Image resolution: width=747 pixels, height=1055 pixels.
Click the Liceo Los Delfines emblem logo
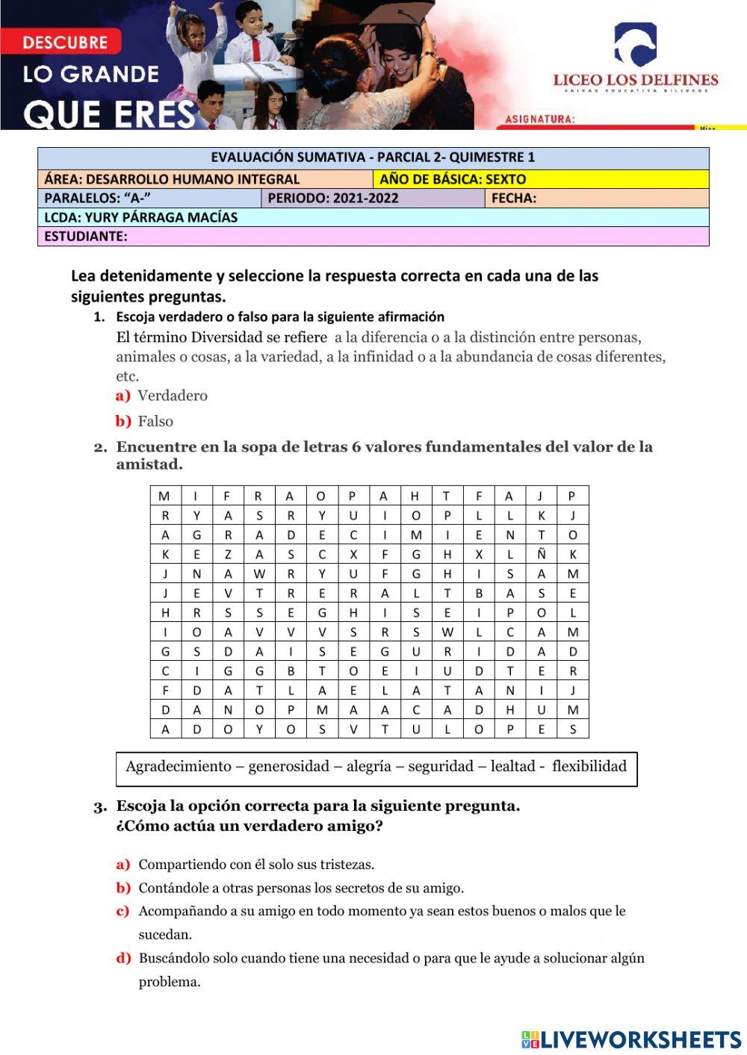(x=635, y=45)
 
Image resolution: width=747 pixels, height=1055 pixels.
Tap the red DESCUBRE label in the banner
(x=65, y=43)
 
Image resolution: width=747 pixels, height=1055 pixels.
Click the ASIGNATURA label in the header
(x=540, y=119)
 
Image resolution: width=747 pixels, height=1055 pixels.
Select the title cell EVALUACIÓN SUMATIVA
(x=373, y=158)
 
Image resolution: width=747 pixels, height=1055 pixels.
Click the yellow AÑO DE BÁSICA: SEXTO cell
(x=540, y=179)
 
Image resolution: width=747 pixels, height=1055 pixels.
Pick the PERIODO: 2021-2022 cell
(x=372, y=199)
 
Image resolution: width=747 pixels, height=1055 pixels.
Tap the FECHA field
(x=596, y=199)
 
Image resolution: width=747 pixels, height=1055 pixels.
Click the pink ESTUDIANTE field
(x=373, y=237)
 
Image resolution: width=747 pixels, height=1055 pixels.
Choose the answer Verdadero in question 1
(x=173, y=396)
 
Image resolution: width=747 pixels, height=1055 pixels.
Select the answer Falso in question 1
(x=155, y=421)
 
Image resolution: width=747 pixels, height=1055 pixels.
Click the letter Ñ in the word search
(x=542, y=554)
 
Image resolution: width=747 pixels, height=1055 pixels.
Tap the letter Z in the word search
(x=228, y=554)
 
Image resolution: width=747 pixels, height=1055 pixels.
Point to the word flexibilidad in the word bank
(x=589, y=766)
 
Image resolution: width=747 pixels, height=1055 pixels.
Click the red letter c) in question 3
(x=123, y=911)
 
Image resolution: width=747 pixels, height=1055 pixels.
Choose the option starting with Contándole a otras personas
(x=301, y=888)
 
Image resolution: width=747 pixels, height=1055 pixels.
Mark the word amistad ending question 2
(x=149, y=464)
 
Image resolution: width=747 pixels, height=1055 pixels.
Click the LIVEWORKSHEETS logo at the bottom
(x=631, y=1039)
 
